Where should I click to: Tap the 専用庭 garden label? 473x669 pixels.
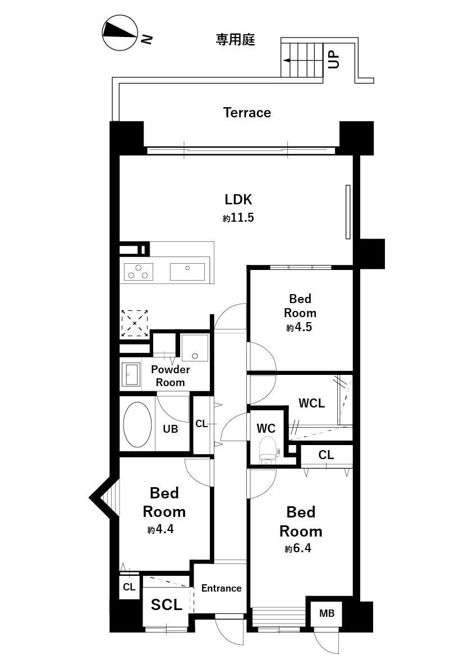click(x=236, y=40)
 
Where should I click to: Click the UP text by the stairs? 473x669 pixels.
click(x=334, y=59)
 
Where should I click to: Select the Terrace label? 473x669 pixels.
click(x=247, y=113)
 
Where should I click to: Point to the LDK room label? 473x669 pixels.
click(x=238, y=199)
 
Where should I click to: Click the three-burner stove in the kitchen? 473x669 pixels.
click(x=138, y=272)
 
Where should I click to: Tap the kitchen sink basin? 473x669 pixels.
click(x=187, y=272)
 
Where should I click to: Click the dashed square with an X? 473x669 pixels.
click(x=135, y=323)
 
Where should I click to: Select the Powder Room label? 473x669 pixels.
click(x=170, y=376)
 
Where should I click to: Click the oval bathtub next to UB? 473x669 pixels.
click(x=137, y=424)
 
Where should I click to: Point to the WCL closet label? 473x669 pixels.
click(x=311, y=403)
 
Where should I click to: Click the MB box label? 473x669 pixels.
click(x=327, y=613)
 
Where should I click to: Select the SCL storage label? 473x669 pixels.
click(x=166, y=604)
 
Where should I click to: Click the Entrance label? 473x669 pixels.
click(x=222, y=588)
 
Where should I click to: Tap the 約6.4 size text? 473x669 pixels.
click(x=298, y=548)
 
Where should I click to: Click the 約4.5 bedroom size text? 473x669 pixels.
click(x=300, y=327)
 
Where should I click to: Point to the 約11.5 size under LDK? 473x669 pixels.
click(x=238, y=218)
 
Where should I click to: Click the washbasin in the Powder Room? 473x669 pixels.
click(x=131, y=374)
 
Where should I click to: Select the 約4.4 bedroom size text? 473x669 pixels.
click(x=160, y=529)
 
